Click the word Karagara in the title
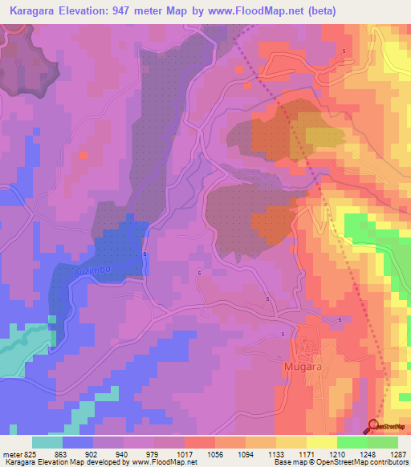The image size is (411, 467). pos(36,10)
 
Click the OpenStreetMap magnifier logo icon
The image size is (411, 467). pos(376,426)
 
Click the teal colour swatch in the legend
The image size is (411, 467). pos(47,442)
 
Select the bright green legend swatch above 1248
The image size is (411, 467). pos(352,442)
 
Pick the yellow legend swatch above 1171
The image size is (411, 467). pos(291,442)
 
